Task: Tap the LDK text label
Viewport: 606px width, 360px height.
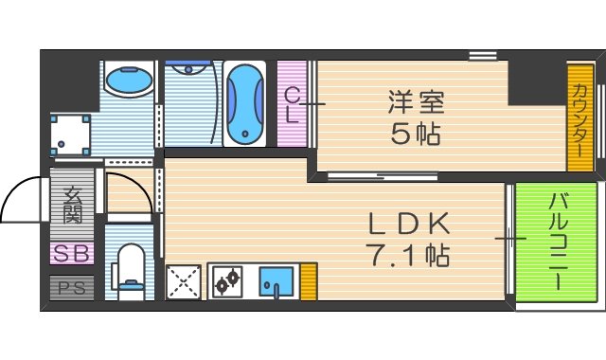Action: click(x=407, y=224)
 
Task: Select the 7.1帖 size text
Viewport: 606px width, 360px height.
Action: click(x=407, y=254)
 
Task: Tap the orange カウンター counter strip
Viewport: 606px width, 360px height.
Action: click(x=579, y=118)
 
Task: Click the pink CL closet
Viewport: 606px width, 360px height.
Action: click(x=293, y=104)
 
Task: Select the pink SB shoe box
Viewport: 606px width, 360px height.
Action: click(x=72, y=254)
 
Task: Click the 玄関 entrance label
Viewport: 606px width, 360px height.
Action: click(x=72, y=206)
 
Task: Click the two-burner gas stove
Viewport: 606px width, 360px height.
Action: click(x=228, y=281)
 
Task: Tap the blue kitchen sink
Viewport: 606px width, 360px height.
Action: click(x=277, y=281)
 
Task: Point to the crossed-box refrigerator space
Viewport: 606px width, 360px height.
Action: click(x=183, y=281)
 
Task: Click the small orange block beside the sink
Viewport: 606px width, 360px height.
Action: click(x=308, y=281)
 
